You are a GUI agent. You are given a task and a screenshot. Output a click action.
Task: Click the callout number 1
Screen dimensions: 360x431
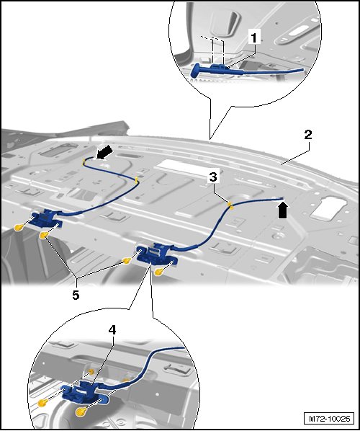[x=254, y=37]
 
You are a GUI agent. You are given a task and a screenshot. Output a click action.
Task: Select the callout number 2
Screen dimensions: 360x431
[x=308, y=135]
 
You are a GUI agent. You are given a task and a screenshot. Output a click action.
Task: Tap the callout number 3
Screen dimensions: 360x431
[x=213, y=177]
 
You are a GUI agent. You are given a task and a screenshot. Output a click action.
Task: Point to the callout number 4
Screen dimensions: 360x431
[x=112, y=330]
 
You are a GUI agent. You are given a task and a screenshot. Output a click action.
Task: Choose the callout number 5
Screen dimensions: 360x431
[x=76, y=296]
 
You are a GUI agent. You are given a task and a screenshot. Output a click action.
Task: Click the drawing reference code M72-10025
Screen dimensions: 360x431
[x=330, y=419]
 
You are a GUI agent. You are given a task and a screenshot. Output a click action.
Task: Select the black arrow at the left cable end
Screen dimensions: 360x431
[x=104, y=152]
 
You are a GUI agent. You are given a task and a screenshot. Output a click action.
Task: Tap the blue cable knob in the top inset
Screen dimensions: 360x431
[x=195, y=71]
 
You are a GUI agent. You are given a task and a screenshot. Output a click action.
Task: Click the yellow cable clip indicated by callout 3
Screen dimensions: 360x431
[x=230, y=205]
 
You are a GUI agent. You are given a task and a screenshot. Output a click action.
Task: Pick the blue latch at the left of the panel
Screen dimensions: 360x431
[x=46, y=218]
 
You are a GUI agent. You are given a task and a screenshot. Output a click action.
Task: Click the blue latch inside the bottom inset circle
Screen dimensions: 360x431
[x=84, y=391]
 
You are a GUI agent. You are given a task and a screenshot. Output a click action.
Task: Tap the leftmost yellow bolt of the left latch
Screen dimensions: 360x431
[x=18, y=227]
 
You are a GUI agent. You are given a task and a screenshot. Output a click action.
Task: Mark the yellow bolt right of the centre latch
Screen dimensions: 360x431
[x=159, y=272]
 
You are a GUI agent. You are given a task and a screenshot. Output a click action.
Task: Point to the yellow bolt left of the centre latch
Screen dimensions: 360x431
[x=126, y=261]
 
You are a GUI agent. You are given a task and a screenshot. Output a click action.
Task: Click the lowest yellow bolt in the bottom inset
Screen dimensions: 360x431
[x=81, y=412]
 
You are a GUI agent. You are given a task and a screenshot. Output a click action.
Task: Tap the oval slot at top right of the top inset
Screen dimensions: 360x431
[x=298, y=30]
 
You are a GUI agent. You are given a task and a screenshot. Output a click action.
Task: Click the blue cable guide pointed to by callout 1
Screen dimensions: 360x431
[x=219, y=67]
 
